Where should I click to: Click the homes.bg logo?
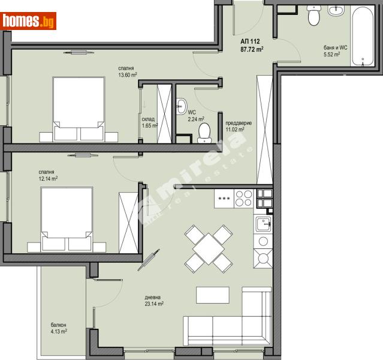coord(29,21)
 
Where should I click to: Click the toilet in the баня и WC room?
coord(314,16)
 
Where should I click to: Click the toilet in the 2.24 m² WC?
coord(204,133)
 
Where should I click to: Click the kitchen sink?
coord(263,224)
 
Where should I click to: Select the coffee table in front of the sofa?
coord(212,295)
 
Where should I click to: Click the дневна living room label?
coord(153,297)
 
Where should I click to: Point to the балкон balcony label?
coord(58,325)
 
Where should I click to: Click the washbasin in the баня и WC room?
coord(335,11)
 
